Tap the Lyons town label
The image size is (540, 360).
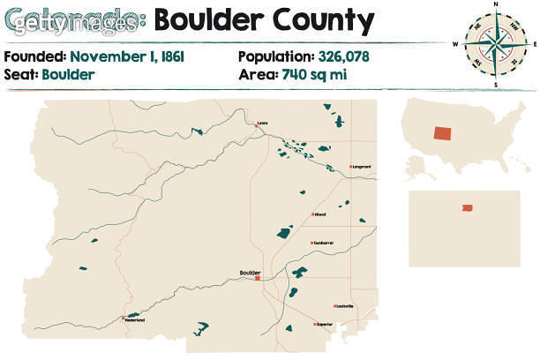262,123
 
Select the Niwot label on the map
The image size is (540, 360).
321,214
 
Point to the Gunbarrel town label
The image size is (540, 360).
324,243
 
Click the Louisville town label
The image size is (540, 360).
344,306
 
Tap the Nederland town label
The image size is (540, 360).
134,319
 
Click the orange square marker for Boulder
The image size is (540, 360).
258,280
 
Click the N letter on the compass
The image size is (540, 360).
496,5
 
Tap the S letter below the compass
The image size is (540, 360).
496,85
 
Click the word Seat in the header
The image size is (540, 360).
19,74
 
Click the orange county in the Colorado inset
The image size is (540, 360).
466,208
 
